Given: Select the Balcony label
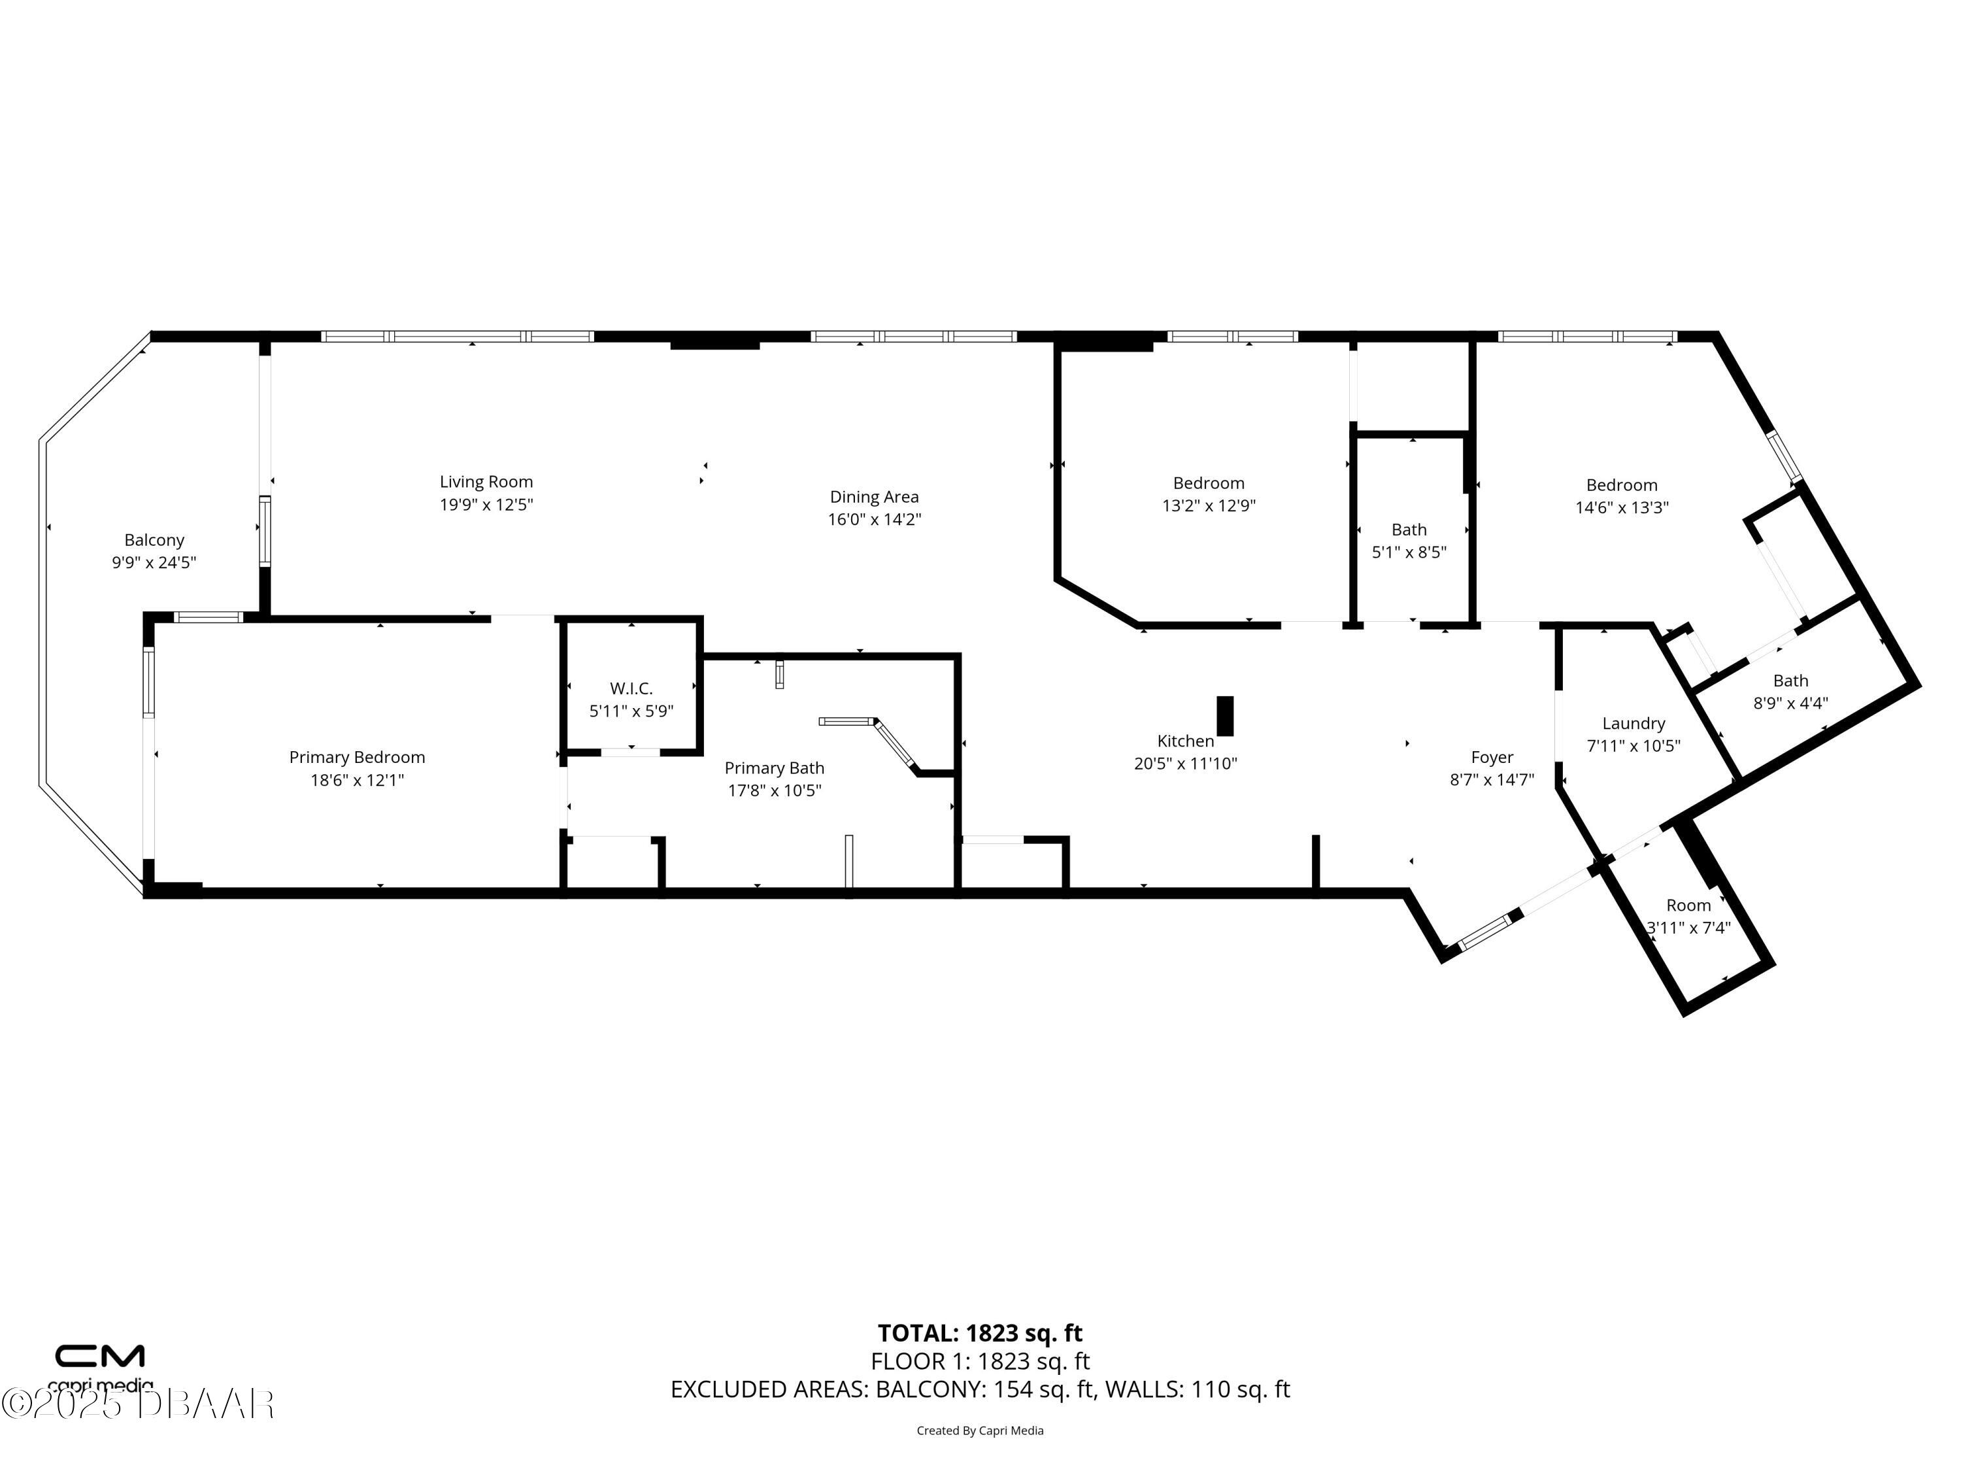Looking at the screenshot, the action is coord(154,540).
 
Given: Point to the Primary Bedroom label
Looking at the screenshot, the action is coord(358,757).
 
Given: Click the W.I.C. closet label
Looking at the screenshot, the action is coord(631,688).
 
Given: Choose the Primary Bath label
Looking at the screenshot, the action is coord(774,768).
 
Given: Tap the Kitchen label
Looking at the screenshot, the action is coord(1185,741).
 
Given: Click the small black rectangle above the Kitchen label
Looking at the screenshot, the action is coord(1225,715).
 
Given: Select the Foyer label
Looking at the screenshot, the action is coord(1492,757).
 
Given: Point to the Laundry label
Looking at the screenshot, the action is coord(1634,724).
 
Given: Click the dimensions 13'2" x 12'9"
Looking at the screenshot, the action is coord(1209,505).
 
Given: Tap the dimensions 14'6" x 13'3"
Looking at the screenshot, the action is coord(1622,508).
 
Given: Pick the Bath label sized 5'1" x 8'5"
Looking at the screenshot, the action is coord(1409,530).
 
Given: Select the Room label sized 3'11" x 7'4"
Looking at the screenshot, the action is coord(1689,905).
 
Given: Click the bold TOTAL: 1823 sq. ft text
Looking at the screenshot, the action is coord(980,1334).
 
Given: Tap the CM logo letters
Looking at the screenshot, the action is coord(100,1357).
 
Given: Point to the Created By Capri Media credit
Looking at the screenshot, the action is coord(980,1430).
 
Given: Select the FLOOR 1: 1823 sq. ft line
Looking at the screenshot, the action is coord(980,1361).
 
